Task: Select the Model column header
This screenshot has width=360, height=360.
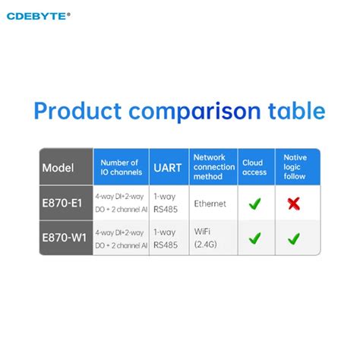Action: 58,167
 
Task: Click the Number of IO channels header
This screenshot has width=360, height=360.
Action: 120,167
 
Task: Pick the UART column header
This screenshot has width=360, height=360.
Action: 168,167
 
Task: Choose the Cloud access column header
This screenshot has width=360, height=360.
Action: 253,167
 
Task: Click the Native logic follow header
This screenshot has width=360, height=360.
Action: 295,167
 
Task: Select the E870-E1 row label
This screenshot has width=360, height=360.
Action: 64,203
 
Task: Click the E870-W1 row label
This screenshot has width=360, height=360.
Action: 64,238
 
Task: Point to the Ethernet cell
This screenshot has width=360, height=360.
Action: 210,204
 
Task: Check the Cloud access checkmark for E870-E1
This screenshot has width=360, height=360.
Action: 254,204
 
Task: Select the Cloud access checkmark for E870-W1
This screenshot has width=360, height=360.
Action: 254,238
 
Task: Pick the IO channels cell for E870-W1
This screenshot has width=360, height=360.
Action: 122,238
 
